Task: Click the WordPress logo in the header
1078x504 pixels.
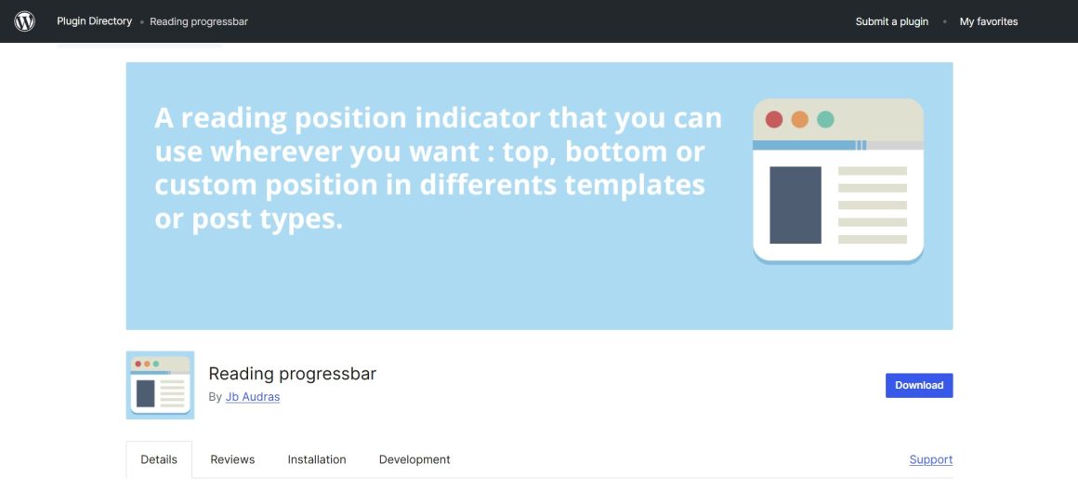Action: [x=25, y=21]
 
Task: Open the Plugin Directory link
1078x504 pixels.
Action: [x=94, y=21]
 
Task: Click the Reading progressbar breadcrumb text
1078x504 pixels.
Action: [x=199, y=21]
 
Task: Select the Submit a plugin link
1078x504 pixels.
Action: [x=891, y=21]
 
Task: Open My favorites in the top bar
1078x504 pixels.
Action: [x=988, y=21]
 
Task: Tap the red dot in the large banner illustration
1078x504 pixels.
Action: [x=773, y=120]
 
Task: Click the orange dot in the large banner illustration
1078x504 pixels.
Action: [x=799, y=120]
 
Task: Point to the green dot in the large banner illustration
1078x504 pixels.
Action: [x=825, y=120]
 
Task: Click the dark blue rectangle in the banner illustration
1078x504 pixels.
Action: [x=795, y=205]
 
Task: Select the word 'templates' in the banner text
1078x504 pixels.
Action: [x=635, y=185]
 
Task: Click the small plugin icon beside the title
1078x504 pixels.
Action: [x=160, y=385]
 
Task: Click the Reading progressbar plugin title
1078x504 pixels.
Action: [x=292, y=374]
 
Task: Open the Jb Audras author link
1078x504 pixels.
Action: [x=252, y=397]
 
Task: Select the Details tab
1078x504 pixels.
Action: [x=159, y=459]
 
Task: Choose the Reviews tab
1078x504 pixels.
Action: [x=232, y=459]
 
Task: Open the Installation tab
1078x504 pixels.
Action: [x=317, y=459]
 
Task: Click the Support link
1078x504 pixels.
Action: [x=930, y=459]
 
